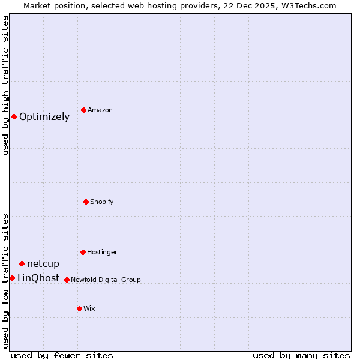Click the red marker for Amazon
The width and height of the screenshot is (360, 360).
click(83, 110)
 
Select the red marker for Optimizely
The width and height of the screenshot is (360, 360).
click(14, 116)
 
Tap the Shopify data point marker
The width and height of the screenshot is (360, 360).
click(86, 202)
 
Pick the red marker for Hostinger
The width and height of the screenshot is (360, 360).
click(83, 252)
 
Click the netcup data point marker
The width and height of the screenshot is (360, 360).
click(22, 263)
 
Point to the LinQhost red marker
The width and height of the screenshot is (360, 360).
click(12, 278)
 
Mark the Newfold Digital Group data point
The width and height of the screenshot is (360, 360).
click(67, 280)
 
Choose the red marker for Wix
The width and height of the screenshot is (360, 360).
click(79, 308)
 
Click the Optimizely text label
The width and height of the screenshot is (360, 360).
click(44, 117)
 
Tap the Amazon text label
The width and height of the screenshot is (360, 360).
click(100, 110)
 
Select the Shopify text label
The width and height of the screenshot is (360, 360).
click(102, 202)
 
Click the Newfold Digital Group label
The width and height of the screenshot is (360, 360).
click(106, 280)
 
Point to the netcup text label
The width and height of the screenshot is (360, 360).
click(43, 264)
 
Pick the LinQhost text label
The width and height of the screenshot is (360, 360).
click(38, 278)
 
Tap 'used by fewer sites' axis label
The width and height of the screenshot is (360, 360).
click(62, 355)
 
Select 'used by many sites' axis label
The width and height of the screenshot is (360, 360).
click(301, 355)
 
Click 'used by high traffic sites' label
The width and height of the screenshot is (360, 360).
click(5, 85)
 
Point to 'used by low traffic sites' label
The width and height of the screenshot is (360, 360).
click(5, 280)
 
